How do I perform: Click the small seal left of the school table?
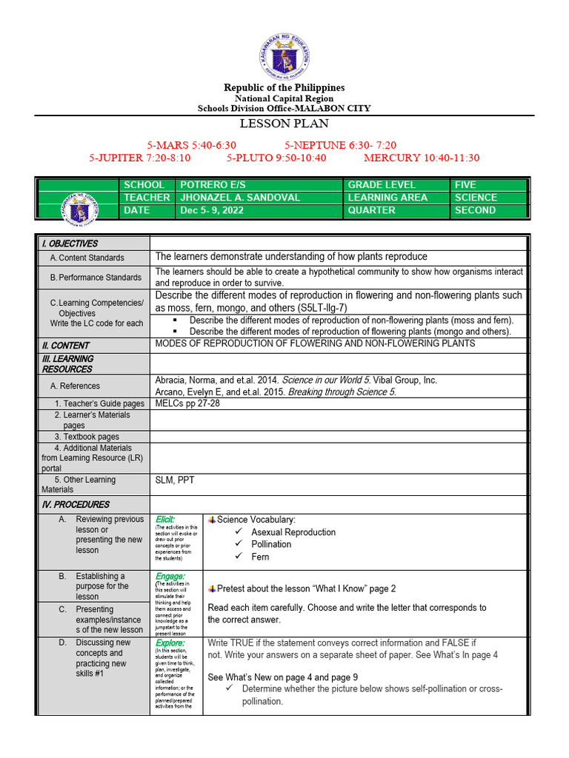click(79, 198)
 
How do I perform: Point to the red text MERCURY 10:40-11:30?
click(422, 158)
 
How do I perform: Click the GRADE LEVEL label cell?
click(382, 184)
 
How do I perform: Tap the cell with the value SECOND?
click(476, 210)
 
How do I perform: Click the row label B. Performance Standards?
click(96, 278)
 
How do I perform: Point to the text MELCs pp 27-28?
click(187, 403)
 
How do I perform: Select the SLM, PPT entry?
click(175, 480)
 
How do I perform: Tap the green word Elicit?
click(165, 519)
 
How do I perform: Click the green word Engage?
click(170, 576)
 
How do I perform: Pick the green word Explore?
click(170, 643)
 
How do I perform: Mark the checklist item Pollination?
click(271, 544)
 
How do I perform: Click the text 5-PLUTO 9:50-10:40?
click(276, 158)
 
